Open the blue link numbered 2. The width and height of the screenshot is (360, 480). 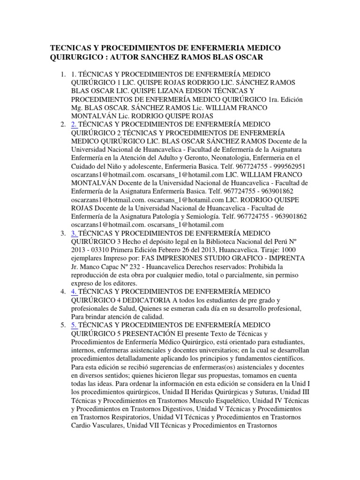pos(74,124)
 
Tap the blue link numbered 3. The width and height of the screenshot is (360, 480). pos(74,233)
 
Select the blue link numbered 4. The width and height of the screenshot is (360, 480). pos(74,291)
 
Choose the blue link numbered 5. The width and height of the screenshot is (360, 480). pos(74,324)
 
